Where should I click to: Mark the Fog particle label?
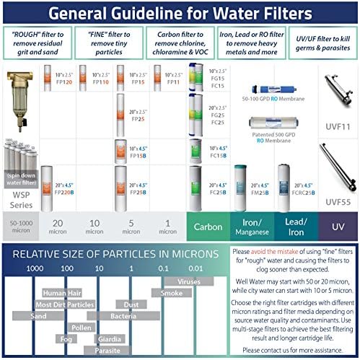point(67,338)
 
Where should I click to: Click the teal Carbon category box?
point(208,226)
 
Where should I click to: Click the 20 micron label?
point(58,226)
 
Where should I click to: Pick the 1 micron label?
point(167,226)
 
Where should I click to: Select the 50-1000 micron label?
point(19,226)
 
